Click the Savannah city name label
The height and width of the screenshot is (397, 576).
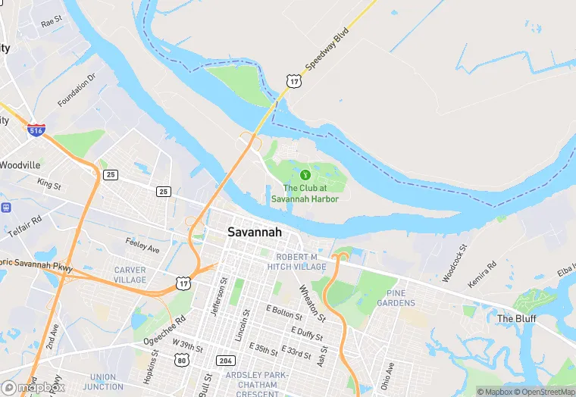point(255,233)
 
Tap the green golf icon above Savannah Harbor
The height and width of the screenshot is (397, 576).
point(305,175)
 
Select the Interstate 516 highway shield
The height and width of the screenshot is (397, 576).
point(36,130)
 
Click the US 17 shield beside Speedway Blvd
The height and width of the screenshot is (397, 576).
point(293,80)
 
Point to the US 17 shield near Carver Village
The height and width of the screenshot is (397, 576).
point(183,282)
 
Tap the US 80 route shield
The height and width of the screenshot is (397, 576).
point(181,360)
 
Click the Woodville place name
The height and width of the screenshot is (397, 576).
point(20,164)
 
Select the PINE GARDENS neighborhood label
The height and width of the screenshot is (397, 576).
point(401,298)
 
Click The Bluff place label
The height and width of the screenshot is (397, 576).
point(516,319)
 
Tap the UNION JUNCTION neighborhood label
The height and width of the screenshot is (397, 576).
point(102,382)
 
